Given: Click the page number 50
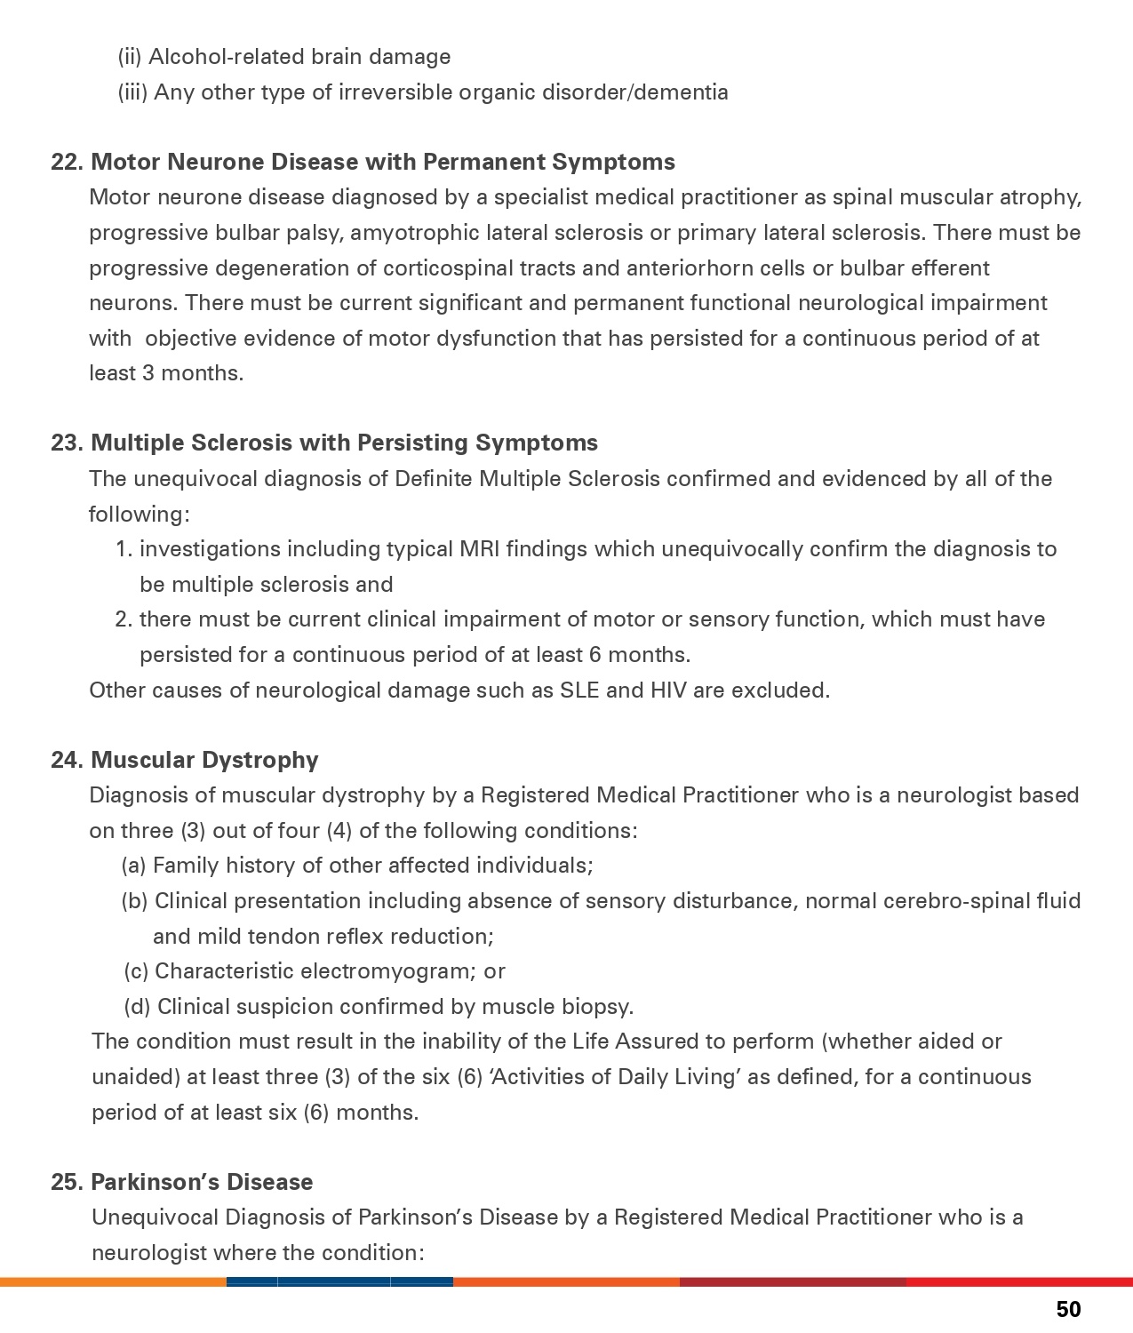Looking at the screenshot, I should [x=1068, y=1309].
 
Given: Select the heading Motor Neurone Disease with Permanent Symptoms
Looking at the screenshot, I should [x=382, y=162].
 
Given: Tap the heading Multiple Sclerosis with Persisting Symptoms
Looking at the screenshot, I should [x=344, y=443].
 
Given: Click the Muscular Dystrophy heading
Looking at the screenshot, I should [x=204, y=760].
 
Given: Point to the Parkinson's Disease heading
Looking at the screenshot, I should [x=202, y=1182].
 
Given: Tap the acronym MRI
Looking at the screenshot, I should [x=480, y=549].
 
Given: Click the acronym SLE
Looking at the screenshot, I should [x=579, y=690].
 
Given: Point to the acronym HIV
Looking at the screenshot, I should [x=668, y=690].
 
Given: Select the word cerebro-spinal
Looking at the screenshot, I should [x=953, y=901].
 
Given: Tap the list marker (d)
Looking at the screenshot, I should [x=137, y=1007].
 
